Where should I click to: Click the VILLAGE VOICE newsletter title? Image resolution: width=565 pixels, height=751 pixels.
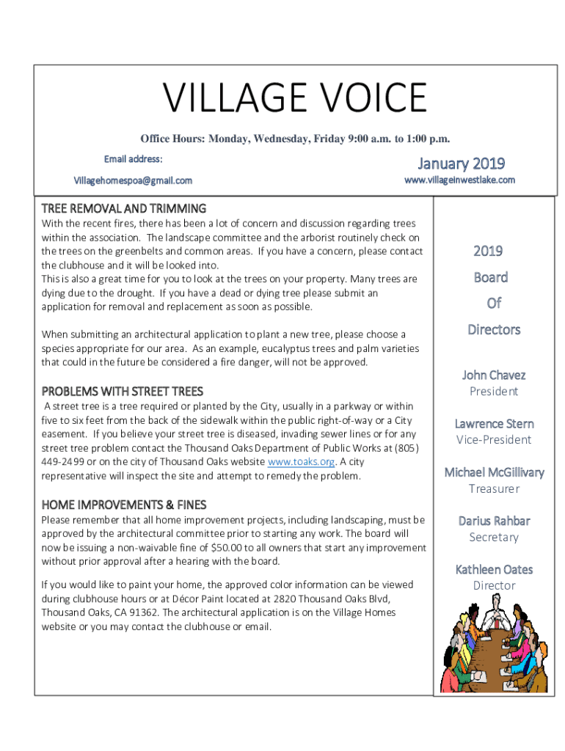point(294,98)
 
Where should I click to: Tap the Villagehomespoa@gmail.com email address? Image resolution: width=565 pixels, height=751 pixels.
point(133,180)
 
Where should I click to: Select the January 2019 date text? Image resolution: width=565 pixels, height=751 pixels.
point(461,163)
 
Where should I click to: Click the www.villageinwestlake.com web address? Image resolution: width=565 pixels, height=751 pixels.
point(460,180)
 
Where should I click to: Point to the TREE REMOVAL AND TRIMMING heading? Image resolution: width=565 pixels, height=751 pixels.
point(123,208)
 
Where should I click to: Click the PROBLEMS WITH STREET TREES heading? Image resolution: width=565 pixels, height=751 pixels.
point(122,391)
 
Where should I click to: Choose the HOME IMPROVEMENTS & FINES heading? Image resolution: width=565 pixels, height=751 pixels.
point(123,505)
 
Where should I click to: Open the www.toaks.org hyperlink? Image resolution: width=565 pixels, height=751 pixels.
point(302,461)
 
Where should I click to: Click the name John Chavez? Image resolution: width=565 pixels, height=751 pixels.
point(493,375)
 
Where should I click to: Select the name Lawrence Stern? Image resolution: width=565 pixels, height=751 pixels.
point(494,423)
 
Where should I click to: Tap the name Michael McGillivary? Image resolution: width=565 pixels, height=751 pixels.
point(494,472)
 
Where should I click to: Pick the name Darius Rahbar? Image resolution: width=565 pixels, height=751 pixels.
point(494,521)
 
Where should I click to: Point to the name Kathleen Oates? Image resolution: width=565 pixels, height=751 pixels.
point(494,569)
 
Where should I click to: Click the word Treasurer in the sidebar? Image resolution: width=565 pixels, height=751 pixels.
point(494,488)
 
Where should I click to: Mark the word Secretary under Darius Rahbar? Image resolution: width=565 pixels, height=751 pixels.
point(494,537)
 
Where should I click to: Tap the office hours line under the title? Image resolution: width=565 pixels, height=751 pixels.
point(295,139)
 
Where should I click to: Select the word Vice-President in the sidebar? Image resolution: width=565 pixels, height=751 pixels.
point(494,439)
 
